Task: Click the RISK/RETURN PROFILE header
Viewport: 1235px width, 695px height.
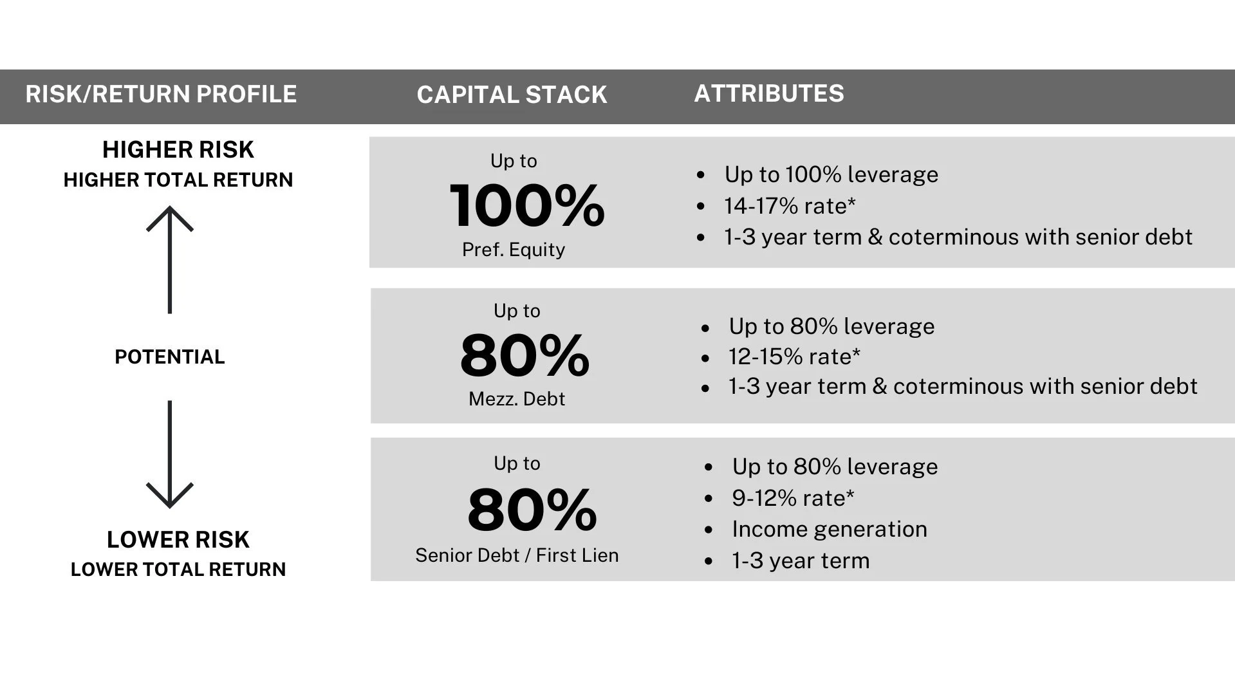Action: pos(161,94)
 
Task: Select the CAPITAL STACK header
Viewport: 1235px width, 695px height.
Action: pos(512,95)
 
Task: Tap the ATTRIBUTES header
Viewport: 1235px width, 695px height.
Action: pos(768,93)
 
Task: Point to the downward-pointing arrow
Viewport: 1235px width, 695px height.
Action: pos(170,454)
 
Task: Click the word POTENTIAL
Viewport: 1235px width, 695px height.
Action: pos(170,357)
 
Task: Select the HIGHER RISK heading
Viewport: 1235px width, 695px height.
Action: pos(178,149)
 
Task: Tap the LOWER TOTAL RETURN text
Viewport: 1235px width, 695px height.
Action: pos(178,570)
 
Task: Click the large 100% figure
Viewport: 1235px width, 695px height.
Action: pos(527,206)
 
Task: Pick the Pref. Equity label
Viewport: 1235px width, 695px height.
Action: pos(514,250)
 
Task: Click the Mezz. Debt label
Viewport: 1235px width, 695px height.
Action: pos(517,399)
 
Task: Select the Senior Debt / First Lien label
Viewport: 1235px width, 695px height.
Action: pos(517,555)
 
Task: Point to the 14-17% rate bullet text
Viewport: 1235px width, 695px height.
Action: pos(790,206)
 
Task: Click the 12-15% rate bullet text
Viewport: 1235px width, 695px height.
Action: pos(794,357)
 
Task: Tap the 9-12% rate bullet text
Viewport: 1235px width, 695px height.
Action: pos(793,498)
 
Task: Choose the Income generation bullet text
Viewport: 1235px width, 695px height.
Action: pos(830,529)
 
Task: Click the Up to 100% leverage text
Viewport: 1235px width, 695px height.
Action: pos(831,174)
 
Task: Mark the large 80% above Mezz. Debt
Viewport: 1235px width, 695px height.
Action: pos(525,355)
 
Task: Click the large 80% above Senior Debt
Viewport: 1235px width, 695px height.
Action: pos(532,510)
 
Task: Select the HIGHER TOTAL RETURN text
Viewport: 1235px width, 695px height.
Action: pos(178,180)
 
